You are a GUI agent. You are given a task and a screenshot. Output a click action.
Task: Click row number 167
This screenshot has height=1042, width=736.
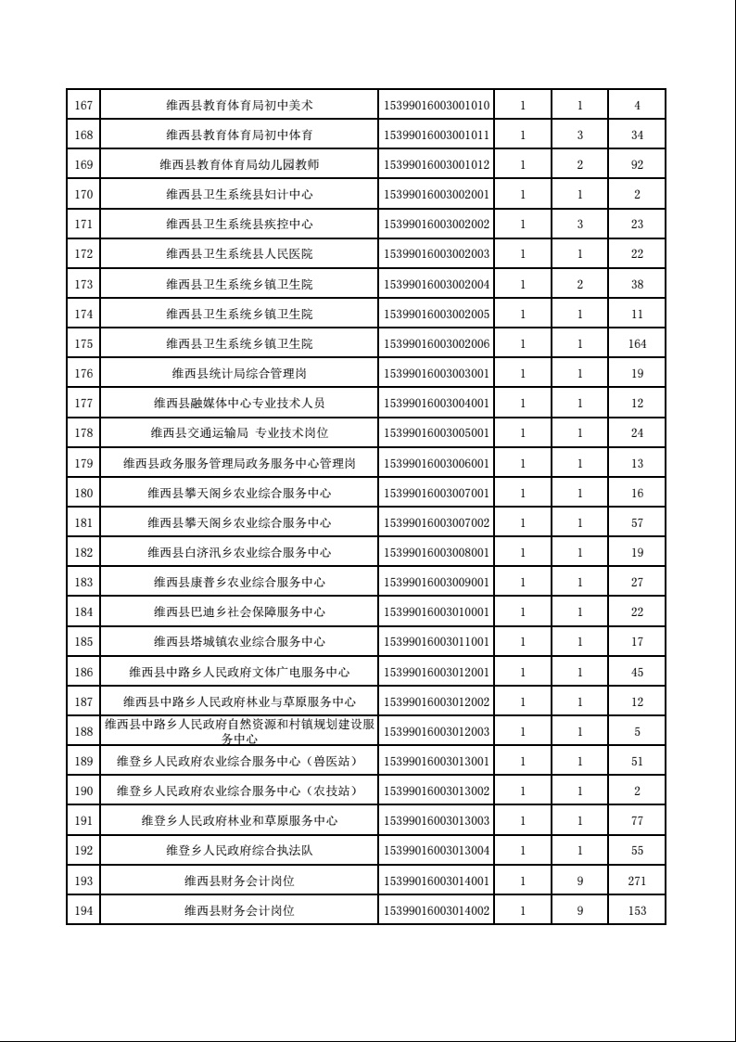pos(82,105)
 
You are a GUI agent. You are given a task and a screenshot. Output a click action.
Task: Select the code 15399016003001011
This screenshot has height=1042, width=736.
pos(436,135)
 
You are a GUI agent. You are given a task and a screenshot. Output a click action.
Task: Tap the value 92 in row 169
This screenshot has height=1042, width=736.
pos(638,164)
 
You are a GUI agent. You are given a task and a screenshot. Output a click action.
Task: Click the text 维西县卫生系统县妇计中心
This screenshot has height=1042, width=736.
pos(239,194)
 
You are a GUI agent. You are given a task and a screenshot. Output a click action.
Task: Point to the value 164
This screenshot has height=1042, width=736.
pos(638,343)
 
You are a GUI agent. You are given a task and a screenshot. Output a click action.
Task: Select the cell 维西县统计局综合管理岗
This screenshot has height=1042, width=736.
pos(239,373)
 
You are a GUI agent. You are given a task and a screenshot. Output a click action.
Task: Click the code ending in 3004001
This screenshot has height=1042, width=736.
pos(436,403)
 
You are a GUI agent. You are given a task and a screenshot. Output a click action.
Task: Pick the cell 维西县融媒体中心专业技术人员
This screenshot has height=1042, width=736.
pos(239,403)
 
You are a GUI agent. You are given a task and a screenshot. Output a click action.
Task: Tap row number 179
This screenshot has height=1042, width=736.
pos(82,463)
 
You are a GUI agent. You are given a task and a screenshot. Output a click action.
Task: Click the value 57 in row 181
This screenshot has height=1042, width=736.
pos(638,522)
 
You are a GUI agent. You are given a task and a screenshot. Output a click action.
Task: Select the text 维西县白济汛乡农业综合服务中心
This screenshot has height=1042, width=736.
pos(239,552)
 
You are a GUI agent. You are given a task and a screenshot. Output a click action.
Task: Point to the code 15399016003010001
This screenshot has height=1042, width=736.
pos(436,612)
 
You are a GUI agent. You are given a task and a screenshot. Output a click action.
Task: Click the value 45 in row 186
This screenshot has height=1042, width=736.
pos(638,672)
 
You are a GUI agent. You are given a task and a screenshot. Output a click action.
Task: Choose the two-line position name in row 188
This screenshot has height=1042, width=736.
pos(239,731)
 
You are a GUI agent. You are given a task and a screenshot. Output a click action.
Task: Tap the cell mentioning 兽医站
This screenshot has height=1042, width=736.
pos(239,762)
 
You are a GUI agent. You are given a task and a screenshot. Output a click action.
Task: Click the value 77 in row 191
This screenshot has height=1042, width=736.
pos(638,821)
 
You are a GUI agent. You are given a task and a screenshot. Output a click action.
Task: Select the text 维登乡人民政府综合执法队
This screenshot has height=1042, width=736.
pos(239,851)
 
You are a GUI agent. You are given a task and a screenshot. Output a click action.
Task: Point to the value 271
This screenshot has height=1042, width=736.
pos(638,881)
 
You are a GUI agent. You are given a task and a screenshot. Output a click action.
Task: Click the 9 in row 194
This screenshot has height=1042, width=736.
pos(580,910)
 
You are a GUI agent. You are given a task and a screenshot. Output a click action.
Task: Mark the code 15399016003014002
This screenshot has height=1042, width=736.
pos(436,910)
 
